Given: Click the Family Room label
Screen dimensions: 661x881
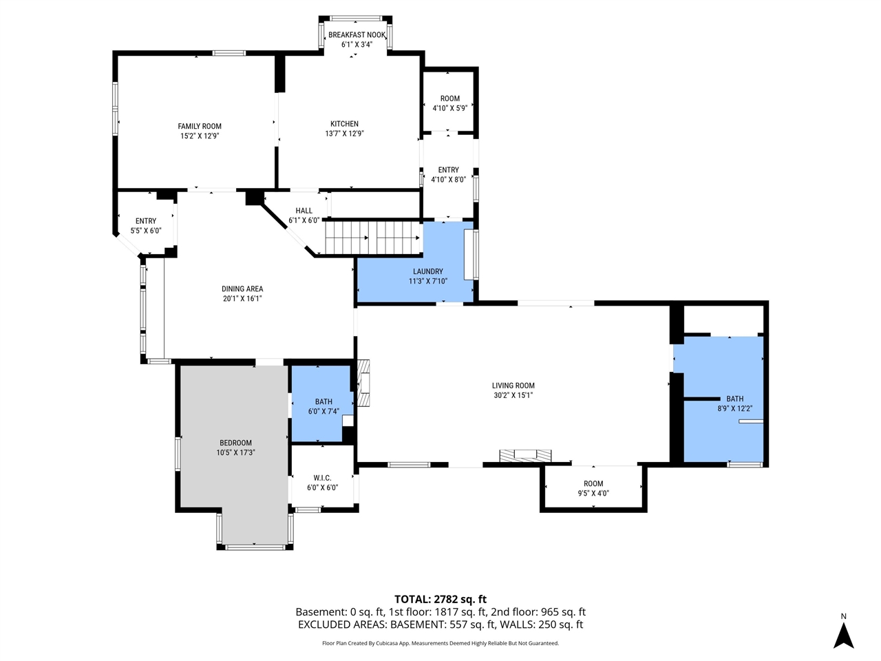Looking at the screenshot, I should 200,126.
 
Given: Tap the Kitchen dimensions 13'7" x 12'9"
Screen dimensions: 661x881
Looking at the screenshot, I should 344,134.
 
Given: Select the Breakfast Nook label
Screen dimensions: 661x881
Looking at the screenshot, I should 357,35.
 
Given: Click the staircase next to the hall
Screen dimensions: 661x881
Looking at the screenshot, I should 372,238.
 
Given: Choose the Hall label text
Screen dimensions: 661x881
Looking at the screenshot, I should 304,211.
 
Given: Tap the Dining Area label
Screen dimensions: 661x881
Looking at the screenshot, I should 242,289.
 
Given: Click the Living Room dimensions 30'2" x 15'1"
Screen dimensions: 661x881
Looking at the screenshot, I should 513,395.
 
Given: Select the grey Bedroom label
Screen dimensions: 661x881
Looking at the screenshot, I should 235,443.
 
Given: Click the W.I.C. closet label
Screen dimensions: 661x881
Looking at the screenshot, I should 322,478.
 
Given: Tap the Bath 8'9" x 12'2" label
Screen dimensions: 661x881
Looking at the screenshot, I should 734,399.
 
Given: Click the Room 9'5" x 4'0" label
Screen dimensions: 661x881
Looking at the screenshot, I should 593,484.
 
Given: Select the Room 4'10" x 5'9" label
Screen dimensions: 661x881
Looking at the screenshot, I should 449,98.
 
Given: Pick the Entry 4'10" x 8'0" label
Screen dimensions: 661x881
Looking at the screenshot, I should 448,170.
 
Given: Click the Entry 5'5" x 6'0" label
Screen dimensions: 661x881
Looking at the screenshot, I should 146,221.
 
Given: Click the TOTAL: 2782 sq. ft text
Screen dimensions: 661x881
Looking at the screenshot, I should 440,599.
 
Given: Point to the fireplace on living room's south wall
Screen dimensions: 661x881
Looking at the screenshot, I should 525,455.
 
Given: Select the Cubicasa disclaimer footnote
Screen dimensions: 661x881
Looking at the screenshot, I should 440,643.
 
